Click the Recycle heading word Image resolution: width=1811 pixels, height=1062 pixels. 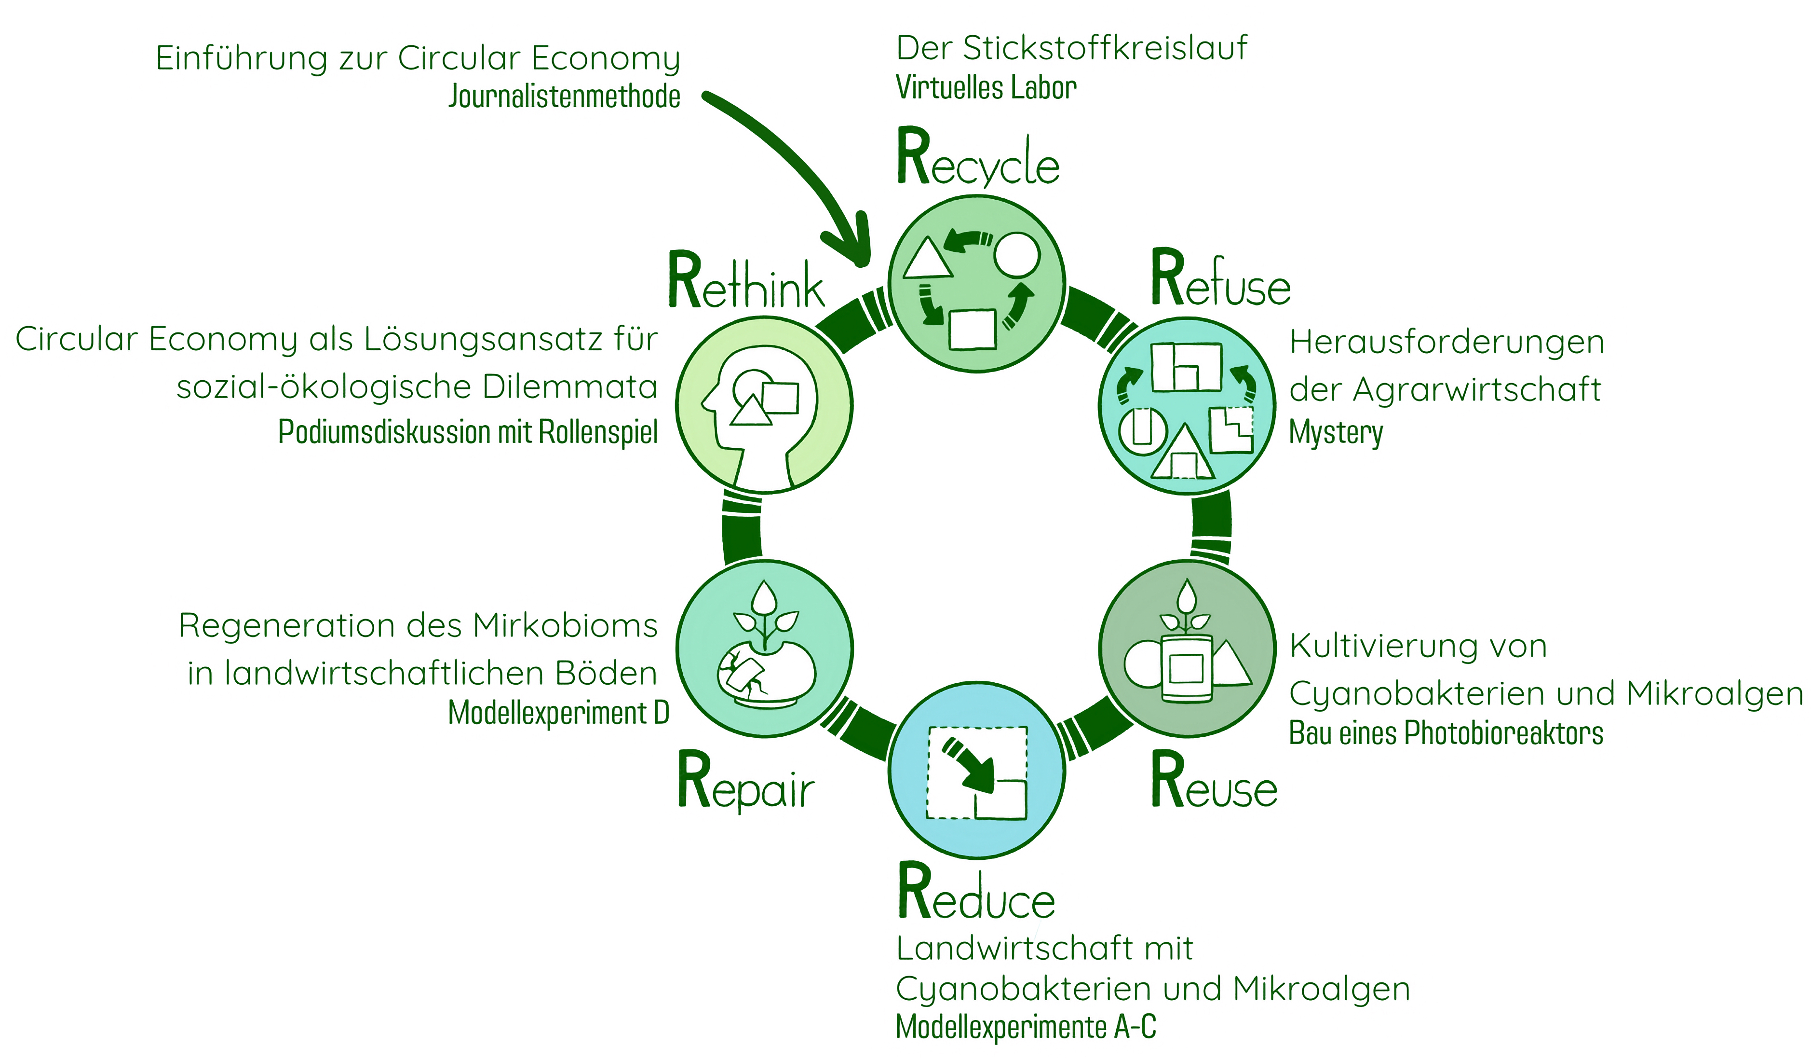pos(977,160)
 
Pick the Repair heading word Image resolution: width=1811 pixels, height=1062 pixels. pos(746,784)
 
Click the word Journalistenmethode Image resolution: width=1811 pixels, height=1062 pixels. pos(564,97)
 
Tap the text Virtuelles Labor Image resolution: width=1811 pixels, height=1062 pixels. pos(986,88)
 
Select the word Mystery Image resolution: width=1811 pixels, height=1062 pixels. pos(1335,433)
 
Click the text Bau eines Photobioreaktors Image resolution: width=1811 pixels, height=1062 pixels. pos(1446,733)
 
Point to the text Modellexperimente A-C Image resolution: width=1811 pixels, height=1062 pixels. pos(1026,1027)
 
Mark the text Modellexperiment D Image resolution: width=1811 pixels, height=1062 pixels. pos(558,713)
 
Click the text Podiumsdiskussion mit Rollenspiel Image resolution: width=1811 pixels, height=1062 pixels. pos(468,432)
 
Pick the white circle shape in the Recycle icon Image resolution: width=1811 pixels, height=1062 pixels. pos(1016,255)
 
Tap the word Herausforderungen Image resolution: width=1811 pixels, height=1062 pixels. pos(1446,342)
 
